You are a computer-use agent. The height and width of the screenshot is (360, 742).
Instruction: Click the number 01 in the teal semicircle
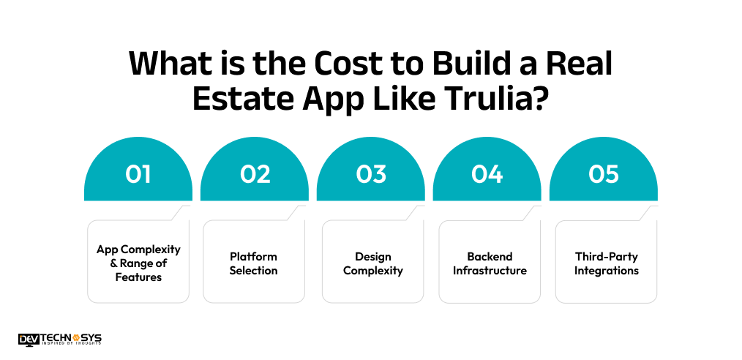[x=138, y=174]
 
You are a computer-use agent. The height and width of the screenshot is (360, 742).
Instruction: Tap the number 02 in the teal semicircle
[x=255, y=174]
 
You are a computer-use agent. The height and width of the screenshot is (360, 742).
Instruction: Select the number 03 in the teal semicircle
[x=371, y=174]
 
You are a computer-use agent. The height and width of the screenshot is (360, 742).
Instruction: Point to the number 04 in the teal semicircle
[x=487, y=174]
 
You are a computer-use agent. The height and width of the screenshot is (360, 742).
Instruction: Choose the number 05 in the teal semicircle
[x=604, y=174]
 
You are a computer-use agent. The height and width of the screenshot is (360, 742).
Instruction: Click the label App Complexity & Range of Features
[x=138, y=263]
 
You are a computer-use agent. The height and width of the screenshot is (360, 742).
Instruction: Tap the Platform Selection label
[x=254, y=263]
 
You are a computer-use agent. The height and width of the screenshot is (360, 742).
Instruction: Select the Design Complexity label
[x=373, y=263]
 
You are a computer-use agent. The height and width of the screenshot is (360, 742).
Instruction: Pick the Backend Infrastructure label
[x=490, y=263]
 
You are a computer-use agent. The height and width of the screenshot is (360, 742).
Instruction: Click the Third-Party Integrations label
[x=606, y=263]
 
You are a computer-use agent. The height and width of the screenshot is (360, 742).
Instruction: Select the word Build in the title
[x=466, y=64]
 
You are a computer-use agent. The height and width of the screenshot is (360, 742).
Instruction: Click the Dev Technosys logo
[x=60, y=339]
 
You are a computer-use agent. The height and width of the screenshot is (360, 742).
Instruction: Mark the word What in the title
[x=170, y=64]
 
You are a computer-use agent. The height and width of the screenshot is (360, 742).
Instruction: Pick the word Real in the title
[x=577, y=64]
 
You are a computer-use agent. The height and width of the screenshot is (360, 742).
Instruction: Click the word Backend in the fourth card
[x=490, y=257]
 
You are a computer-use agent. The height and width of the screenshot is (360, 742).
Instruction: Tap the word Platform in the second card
[x=254, y=257]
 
